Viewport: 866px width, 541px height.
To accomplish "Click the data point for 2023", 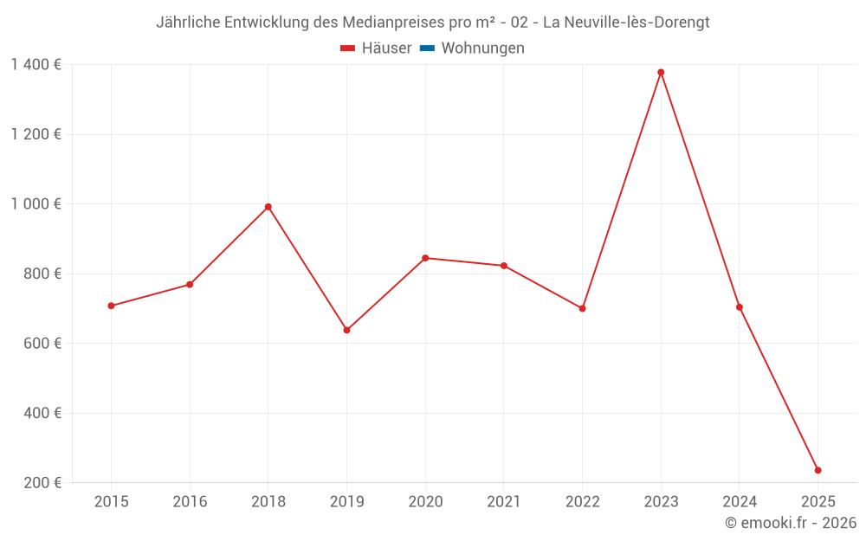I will pos(661,73).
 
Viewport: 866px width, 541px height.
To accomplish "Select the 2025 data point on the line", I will pos(818,470).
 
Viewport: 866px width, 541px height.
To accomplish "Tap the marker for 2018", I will pos(268,207).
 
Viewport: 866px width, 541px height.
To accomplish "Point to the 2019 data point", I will pos(346,330).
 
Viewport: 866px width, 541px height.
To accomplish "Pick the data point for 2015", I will pos(111,306).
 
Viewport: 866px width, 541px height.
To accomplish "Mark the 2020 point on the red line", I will pos(425,258).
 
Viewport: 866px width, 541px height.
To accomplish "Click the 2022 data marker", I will pos(582,308).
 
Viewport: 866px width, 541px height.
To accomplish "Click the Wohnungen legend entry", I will pos(482,48).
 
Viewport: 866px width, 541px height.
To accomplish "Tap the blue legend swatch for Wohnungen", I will pos(427,48).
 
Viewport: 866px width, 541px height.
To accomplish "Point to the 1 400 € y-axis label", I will pos(36,65).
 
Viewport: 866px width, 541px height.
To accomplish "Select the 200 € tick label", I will pos(42,483).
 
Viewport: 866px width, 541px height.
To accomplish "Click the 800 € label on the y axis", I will pos(42,274).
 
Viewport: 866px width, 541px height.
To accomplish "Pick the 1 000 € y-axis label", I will pos(36,204).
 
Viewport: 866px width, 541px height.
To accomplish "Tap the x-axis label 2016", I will pos(190,502).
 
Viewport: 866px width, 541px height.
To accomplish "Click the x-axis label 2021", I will pos(503,502).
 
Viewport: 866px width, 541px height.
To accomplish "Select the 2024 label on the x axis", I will pos(739,502).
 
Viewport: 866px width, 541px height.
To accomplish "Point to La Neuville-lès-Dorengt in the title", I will pos(625,23).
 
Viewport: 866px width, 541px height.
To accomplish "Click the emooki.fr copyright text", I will pos(791,523).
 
